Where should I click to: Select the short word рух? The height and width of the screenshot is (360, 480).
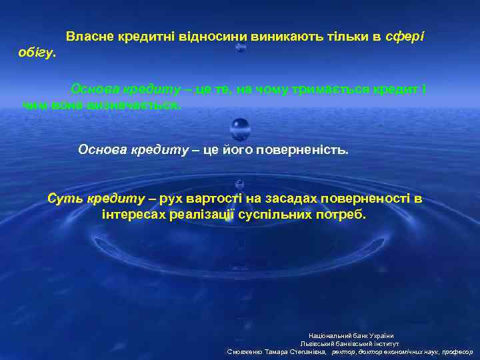pos(171,199)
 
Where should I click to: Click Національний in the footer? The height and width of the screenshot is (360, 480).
pos(328,335)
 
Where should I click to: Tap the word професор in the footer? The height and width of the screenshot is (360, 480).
pos(457,351)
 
